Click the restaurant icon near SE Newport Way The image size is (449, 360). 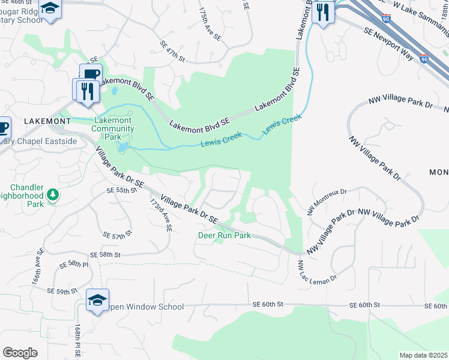[x=323, y=12]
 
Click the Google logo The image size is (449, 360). [x=20, y=353]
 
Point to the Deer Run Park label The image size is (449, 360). [x=224, y=236]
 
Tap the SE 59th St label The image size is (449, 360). [x=63, y=290]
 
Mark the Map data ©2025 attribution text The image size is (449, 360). [x=423, y=355]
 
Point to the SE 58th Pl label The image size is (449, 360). [x=74, y=264]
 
